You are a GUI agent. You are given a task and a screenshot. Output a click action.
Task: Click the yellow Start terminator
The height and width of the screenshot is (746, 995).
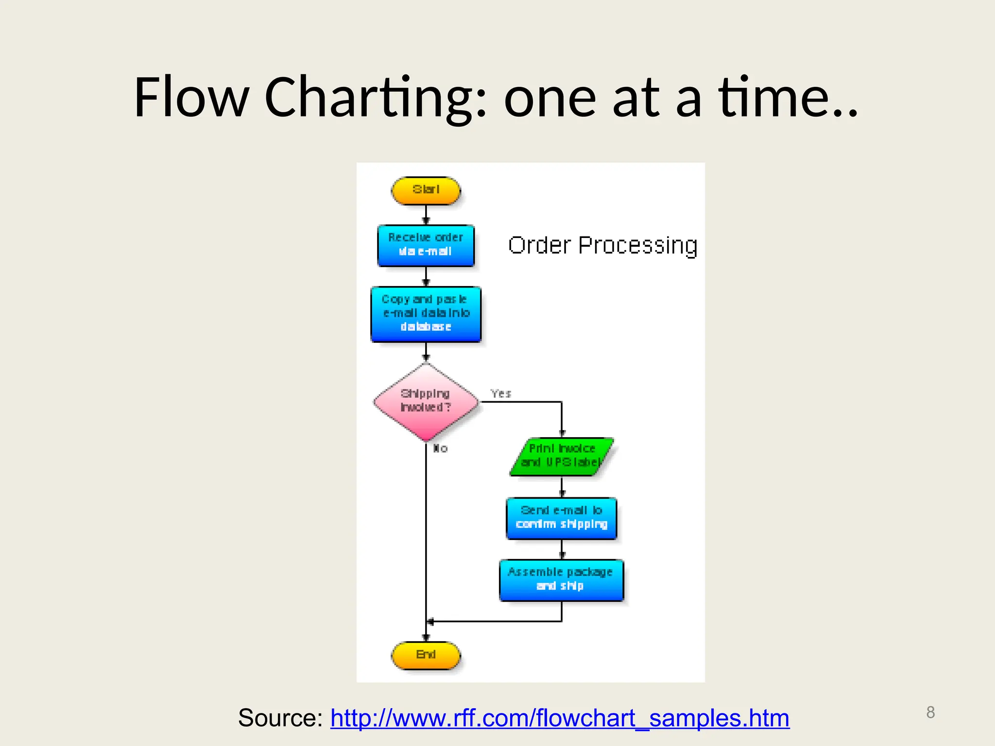coord(426,190)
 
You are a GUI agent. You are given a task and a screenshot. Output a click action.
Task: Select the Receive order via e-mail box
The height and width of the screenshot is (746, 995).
coord(426,245)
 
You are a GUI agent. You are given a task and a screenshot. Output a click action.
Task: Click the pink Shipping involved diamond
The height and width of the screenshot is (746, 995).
coord(426,402)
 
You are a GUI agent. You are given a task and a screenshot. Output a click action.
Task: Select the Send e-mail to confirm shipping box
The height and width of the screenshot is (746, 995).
coord(562,518)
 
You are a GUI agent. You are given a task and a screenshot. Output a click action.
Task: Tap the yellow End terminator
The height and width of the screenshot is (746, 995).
coord(426,655)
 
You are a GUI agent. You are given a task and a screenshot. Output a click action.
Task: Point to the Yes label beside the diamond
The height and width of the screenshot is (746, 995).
coord(501,393)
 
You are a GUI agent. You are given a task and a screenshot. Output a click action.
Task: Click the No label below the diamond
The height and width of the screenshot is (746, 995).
coord(440,448)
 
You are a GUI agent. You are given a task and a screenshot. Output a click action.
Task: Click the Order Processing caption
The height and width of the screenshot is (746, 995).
coord(602,245)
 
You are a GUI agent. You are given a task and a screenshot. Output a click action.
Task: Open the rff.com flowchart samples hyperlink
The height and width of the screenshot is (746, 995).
coord(560,718)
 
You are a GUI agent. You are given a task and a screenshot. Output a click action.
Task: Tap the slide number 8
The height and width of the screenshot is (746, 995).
coord(930,712)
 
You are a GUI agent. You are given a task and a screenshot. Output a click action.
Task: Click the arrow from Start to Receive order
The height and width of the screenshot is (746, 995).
coord(426,215)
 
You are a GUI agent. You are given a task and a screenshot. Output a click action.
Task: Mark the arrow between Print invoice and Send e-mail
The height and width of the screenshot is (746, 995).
coord(562,487)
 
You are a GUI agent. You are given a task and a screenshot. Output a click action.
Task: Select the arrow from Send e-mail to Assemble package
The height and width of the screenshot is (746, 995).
coord(562,549)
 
